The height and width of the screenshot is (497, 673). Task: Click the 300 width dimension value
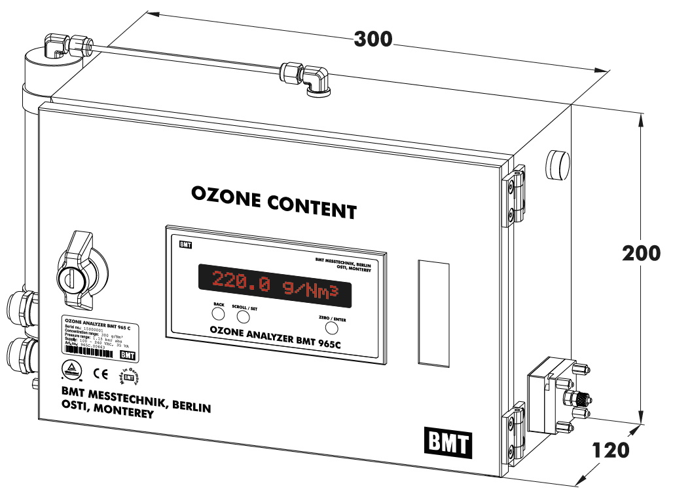point(373,39)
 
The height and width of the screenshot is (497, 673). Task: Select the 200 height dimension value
point(641,253)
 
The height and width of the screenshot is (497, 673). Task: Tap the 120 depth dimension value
point(610,450)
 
